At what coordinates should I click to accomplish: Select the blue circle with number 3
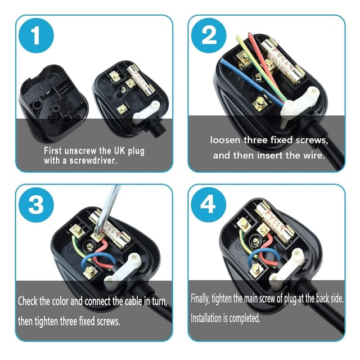click(x=37, y=205)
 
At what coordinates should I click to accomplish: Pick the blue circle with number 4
click(x=209, y=205)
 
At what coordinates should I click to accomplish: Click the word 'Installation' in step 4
click(x=212, y=318)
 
